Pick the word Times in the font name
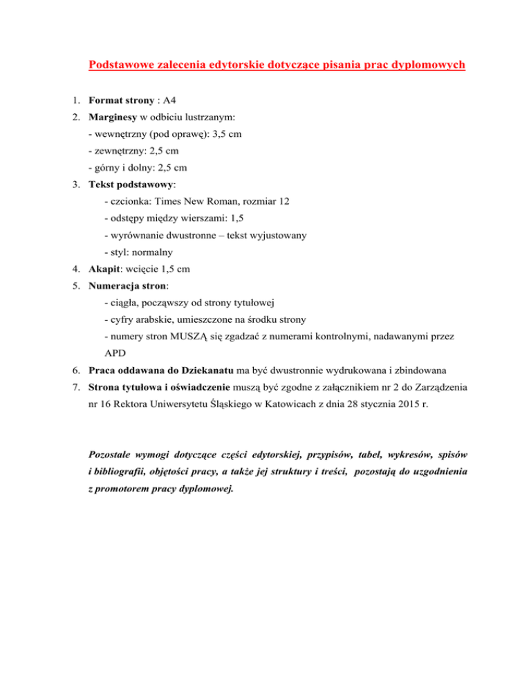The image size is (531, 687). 169,202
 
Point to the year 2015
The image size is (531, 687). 398,404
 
